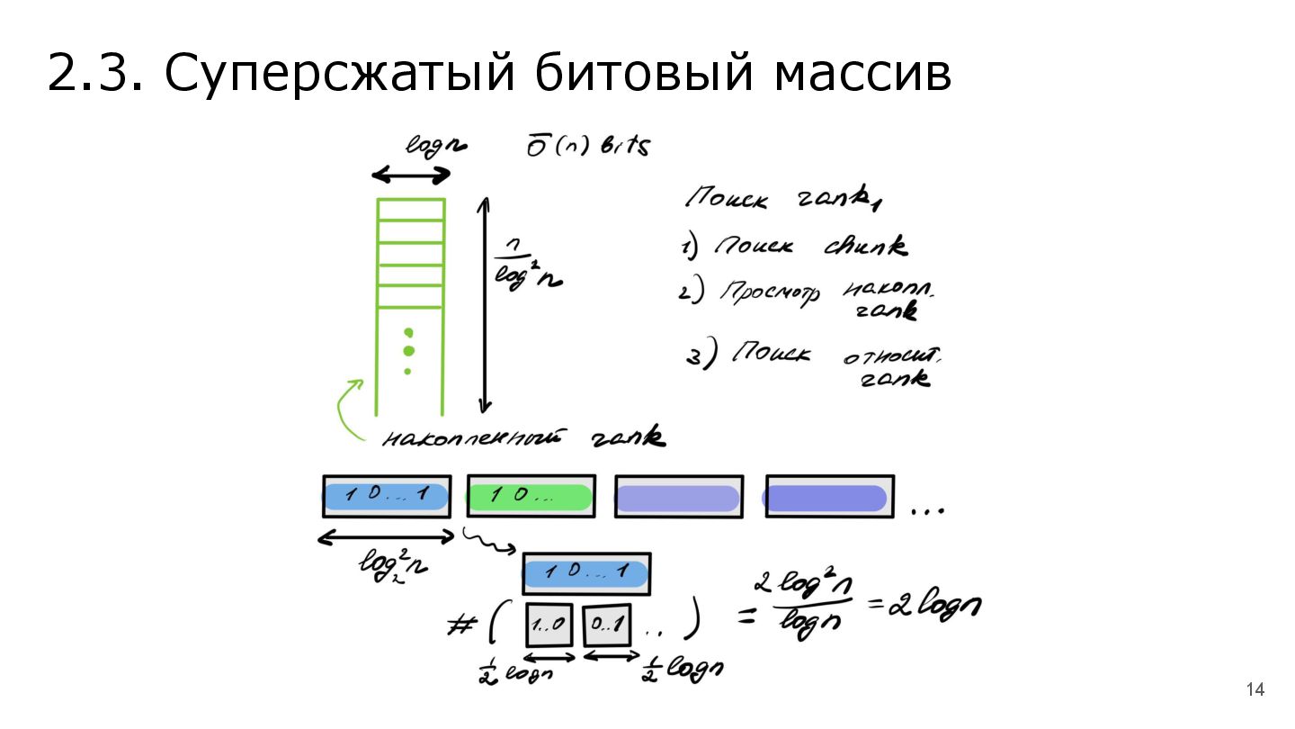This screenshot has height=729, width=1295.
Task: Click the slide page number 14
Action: pyautogui.click(x=1255, y=690)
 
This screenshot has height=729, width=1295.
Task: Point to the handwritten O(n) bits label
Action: pyautogui.click(x=586, y=147)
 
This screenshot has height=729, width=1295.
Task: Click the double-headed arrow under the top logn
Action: pyautogui.click(x=411, y=175)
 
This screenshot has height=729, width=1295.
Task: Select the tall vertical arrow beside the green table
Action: pyautogui.click(x=484, y=304)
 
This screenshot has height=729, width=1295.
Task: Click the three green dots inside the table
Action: pyautogui.click(x=408, y=350)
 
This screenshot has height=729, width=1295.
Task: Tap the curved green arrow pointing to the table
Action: pyautogui.click(x=346, y=409)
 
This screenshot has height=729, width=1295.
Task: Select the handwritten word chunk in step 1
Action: pyautogui.click(x=864, y=246)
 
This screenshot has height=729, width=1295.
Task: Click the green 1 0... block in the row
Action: pyautogui.click(x=530, y=496)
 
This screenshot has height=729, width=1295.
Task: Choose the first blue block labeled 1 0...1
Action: pyautogui.click(x=386, y=496)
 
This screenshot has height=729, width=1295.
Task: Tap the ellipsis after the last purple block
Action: pyautogui.click(x=927, y=510)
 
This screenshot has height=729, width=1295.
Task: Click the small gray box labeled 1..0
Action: pyautogui.click(x=548, y=623)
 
